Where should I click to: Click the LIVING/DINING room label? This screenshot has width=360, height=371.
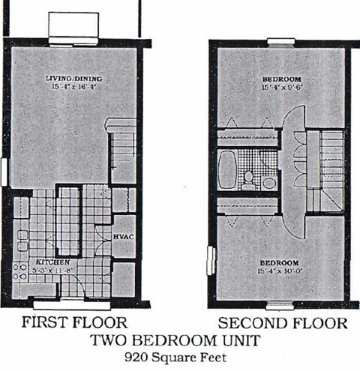(x=73, y=79)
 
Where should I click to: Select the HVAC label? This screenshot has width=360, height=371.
(x=123, y=236)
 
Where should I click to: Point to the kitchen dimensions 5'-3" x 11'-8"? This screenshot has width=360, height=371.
(x=46, y=269)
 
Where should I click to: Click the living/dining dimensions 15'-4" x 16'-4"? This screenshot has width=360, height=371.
(x=73, y=87)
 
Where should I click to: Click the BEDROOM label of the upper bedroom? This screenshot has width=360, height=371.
(x=281, y=79)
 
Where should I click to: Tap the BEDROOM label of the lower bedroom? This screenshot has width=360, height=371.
(x=280, y=262)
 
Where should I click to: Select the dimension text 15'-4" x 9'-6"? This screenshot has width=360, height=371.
(x=281, y=88)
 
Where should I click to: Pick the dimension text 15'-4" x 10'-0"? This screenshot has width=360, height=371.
(x=280, y=270)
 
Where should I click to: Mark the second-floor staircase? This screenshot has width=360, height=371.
(x=326, y=169)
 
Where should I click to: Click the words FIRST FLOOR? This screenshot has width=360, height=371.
(x=73, y=323)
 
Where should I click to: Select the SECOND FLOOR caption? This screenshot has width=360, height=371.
(x=282, y=323)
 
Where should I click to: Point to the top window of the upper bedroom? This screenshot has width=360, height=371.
(x=280, y=41)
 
